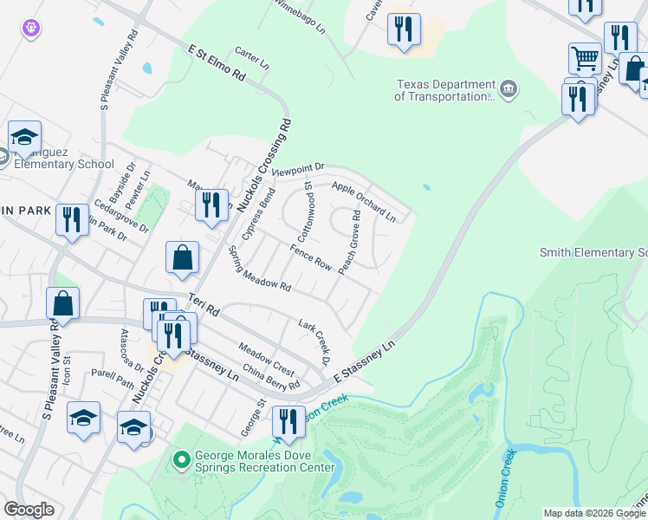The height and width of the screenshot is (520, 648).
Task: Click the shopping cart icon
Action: (x=585, y=58)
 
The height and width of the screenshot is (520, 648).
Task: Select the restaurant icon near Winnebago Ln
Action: (x=404, y=30)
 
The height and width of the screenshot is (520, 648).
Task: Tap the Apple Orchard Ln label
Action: (x=364, y=202)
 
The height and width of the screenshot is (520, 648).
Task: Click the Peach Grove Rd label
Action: (x=350, y=243)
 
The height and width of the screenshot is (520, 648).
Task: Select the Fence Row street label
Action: (x=311, y=257)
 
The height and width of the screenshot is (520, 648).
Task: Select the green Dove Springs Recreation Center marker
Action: (x=181, y=458)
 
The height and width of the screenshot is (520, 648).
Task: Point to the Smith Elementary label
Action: (x=593, y=253)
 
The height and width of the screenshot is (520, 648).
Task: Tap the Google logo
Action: (x=29, y=510)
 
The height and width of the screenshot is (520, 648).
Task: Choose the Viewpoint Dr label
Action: (x=297, y=170)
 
